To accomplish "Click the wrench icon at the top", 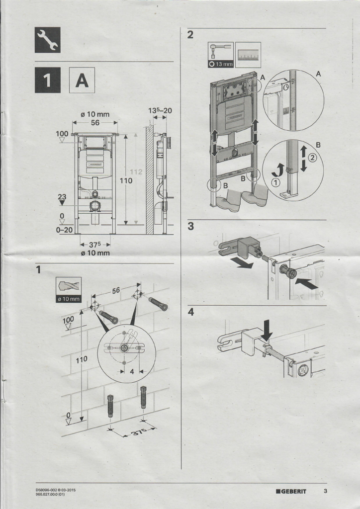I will [47, 40].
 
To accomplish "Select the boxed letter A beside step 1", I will [82, 81].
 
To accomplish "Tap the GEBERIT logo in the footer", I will [291, 492].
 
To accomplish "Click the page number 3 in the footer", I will [325, 492].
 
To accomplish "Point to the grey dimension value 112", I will [137, 172].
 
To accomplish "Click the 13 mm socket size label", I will [221, 65].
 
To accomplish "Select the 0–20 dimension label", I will [65, 231].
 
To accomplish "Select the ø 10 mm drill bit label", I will [68, 299].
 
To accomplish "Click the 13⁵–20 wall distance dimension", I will [160, 110].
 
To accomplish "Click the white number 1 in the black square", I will [48, 81].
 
